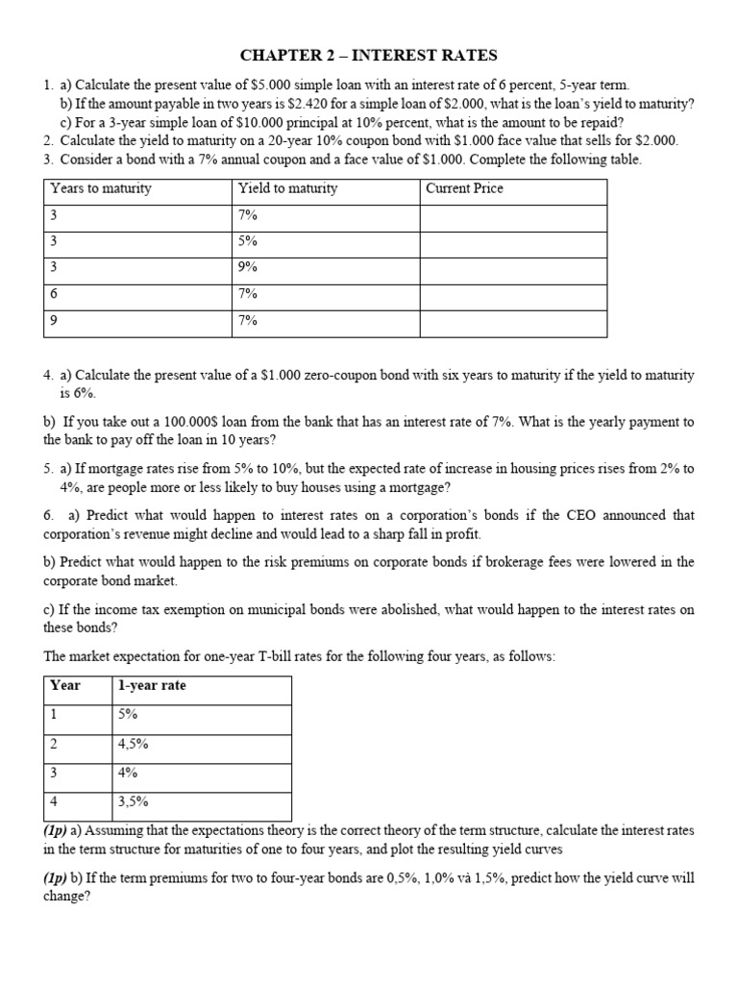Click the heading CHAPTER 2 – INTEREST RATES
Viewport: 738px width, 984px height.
click(369, 56)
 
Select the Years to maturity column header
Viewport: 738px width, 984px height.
click(101, 188)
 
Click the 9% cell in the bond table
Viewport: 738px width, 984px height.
click(248, 269)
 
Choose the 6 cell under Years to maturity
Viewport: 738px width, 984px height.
click(55, 295)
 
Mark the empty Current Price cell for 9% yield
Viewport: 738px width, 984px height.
click(513, 269)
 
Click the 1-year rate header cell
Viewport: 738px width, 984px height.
click(152, 685)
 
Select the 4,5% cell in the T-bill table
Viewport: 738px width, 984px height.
click(133, 743)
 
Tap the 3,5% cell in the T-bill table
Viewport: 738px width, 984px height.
click(133, 800)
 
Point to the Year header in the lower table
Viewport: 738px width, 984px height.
click(65, 685)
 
